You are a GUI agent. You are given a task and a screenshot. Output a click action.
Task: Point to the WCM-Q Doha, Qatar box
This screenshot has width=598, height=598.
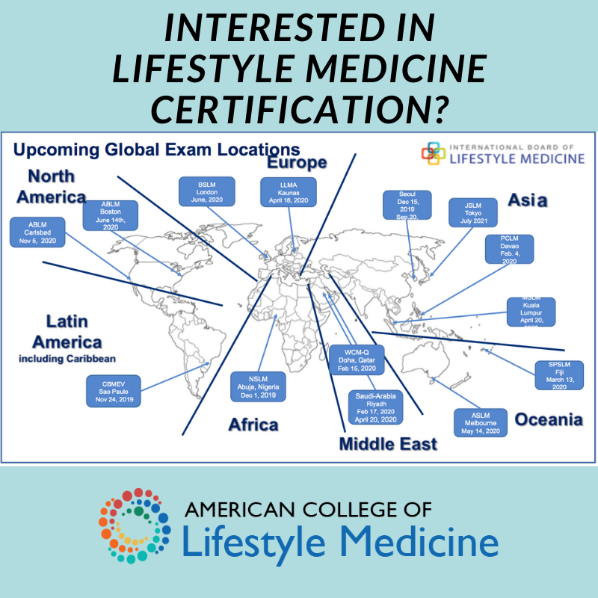tap(354, 359)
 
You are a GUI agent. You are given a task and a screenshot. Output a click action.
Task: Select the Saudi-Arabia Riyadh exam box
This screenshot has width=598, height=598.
tap(376, 407)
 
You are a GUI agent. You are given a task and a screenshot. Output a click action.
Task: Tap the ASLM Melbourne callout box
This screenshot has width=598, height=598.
tap(481, 422)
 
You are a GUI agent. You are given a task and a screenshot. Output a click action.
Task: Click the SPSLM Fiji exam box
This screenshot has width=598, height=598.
tap(556, 375)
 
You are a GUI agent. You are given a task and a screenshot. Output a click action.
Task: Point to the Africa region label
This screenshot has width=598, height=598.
tap(253, 425)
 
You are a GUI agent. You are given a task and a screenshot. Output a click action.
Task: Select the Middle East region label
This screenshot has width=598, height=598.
tap(388, 445)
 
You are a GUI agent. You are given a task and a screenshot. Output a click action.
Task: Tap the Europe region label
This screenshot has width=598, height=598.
tap(297, 162)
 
